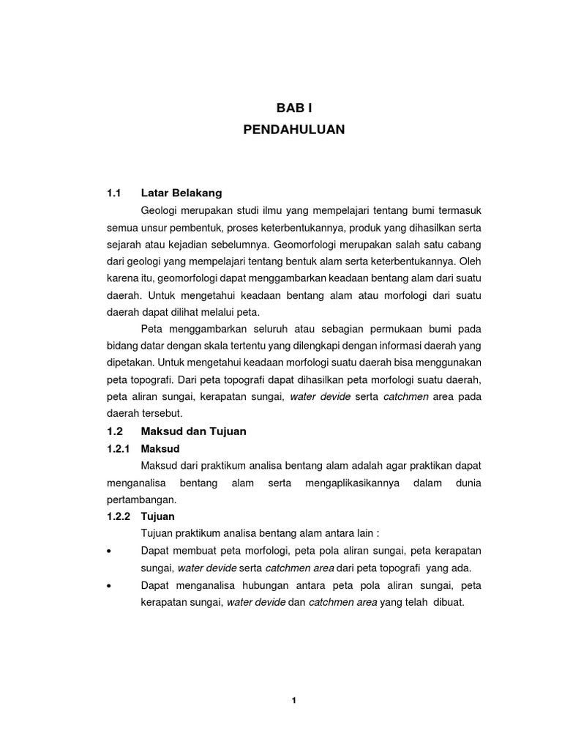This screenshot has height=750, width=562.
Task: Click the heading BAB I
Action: tap(293, 107)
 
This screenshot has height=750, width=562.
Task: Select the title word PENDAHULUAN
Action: tap(293, 130)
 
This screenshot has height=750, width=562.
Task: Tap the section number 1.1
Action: tap(113, 193)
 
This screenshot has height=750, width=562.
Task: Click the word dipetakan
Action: tap(130, 362)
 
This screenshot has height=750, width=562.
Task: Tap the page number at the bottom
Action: tap(293, 700)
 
